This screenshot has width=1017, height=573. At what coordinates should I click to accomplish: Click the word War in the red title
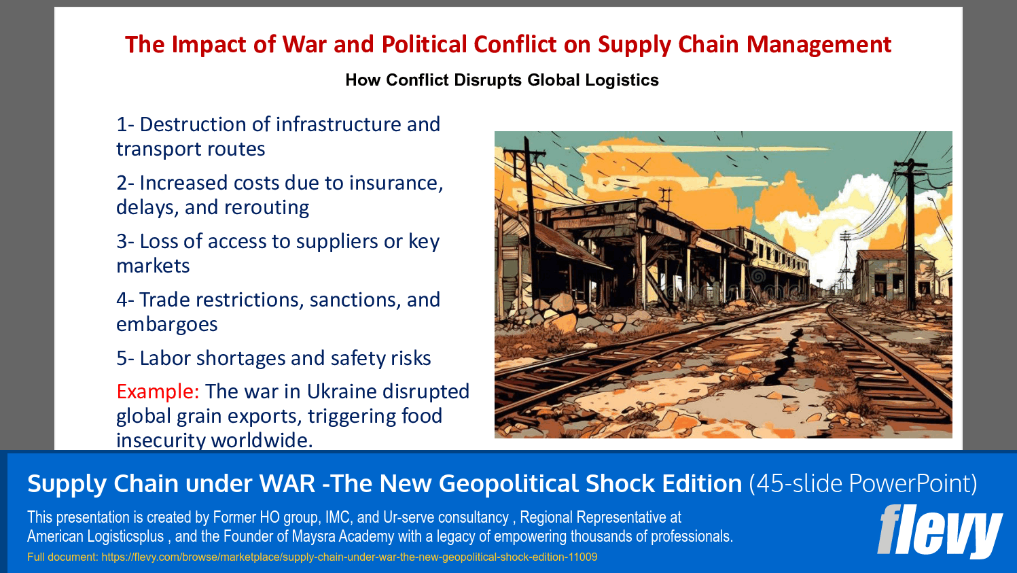[x=304, y=45]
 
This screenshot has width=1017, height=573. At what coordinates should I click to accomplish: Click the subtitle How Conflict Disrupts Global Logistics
[x=502, y=80]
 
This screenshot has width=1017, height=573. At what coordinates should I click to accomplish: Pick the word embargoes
[x=167, y=324]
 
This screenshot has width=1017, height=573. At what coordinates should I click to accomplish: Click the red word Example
[x=157, y=392]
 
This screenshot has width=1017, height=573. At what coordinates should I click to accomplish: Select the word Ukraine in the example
[x=342, y=392]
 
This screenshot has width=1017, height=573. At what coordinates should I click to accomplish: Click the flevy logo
[x=939, y=531]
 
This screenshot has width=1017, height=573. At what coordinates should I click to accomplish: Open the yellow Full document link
[x=313, y=557]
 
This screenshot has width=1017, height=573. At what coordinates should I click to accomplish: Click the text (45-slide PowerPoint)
[x=863, y=483]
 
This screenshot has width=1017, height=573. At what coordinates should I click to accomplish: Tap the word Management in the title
[x=819, y=45]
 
